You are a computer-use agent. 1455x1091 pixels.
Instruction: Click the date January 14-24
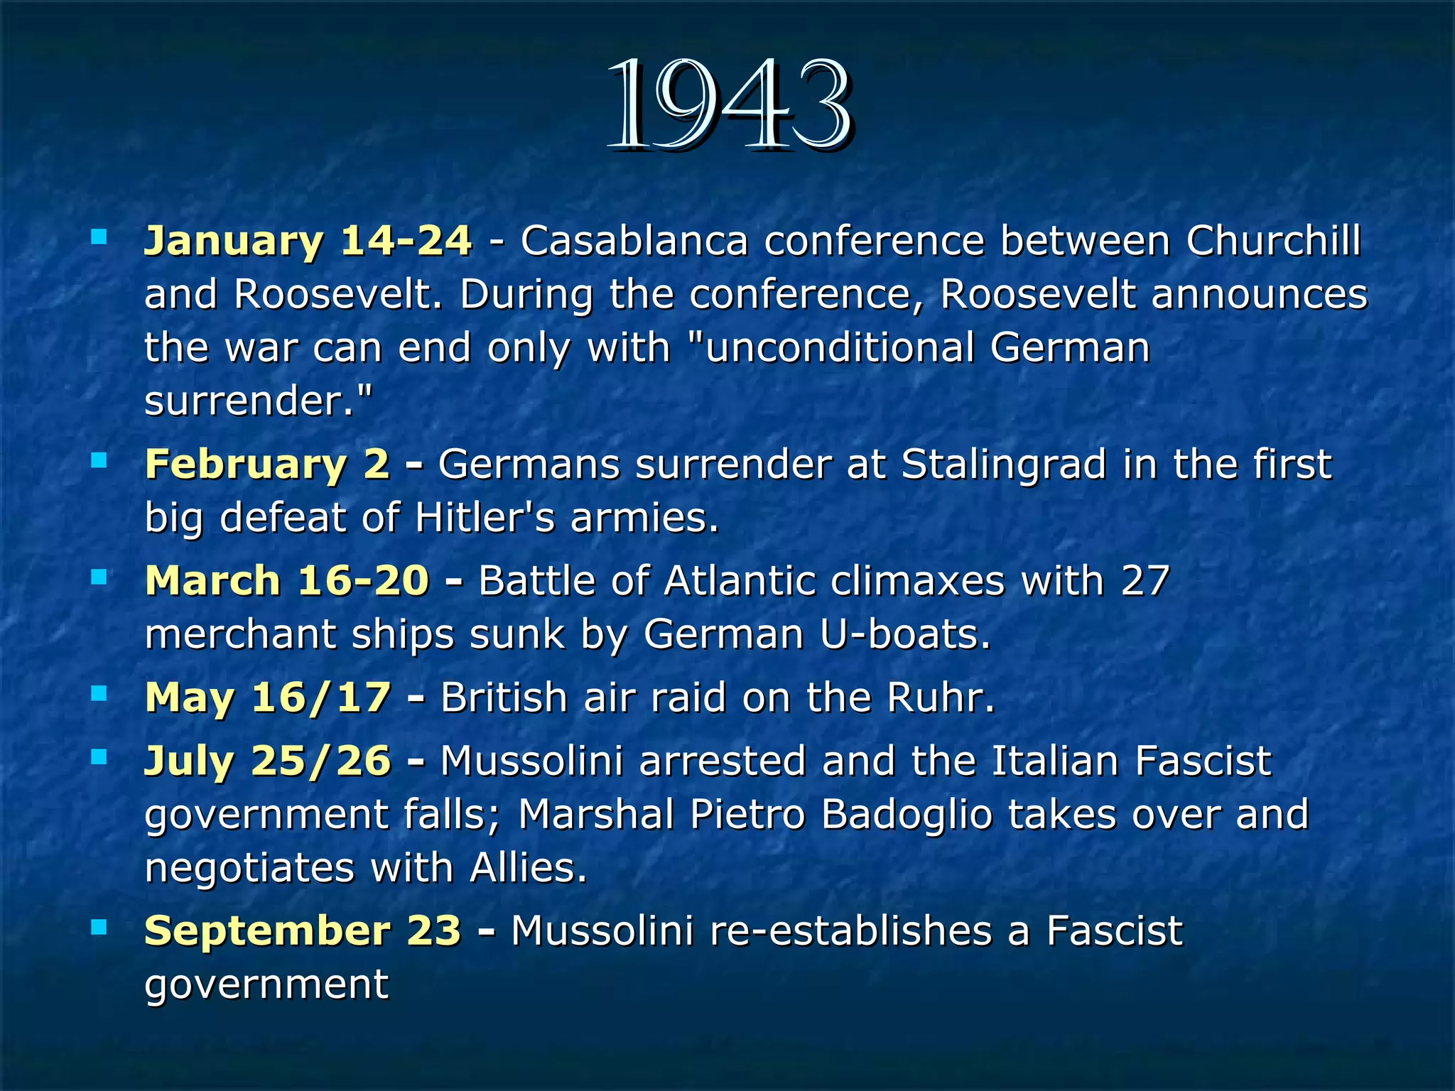coord(308,240)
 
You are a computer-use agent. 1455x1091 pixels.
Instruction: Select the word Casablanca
coord(634,240)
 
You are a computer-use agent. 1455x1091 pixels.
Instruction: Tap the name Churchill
coord(1273,240)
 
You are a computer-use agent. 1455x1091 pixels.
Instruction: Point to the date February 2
coord(267,464)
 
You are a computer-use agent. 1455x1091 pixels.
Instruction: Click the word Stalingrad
coord(1004,464)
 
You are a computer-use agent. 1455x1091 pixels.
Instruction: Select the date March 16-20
coord(287,580)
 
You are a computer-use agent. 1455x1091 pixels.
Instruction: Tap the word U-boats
coord(904,634)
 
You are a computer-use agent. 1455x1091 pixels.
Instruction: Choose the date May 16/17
coord(268,697)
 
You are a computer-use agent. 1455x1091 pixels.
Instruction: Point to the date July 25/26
coord(267,760)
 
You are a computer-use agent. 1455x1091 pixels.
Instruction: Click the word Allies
coord(528,867)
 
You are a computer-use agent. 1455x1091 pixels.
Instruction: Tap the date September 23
coord(303,930)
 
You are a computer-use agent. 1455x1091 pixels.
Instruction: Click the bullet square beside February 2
coord(99,462)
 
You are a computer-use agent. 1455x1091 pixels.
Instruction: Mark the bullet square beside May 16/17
coord(99,693)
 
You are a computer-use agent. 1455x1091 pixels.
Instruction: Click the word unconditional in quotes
coord(838,347)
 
